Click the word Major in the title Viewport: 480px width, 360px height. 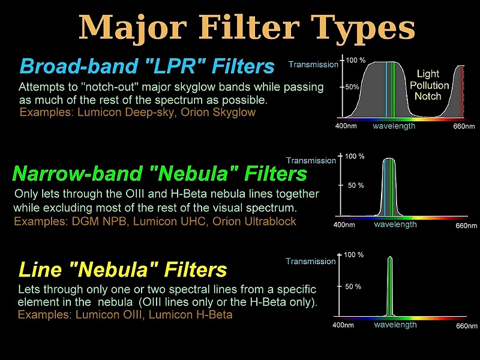point(133,28)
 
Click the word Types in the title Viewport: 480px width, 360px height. point(363,28)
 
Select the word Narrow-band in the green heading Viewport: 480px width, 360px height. point(77,173)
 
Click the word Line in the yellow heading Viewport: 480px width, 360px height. point(40,269)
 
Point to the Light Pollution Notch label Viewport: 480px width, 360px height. point(429,85)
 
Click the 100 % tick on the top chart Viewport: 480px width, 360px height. point(356,61)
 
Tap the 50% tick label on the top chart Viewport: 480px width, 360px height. point(352,87)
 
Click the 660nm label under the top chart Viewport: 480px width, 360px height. point(464,126)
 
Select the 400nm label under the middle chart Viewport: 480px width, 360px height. point(344,225)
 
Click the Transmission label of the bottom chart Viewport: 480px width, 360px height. point(311,261)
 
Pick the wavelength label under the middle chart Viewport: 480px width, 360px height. point(395,224)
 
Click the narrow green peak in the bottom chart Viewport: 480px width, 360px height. point(389,286)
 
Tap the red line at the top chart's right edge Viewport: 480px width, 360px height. point(462,91)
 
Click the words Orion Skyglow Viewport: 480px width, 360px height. point(218,112)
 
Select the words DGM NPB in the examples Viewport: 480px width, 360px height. point(99,221)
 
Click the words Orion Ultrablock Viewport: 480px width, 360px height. point(254,221)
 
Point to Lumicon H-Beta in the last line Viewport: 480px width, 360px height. point(190,314)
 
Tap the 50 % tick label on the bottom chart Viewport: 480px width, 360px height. point(353,287)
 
